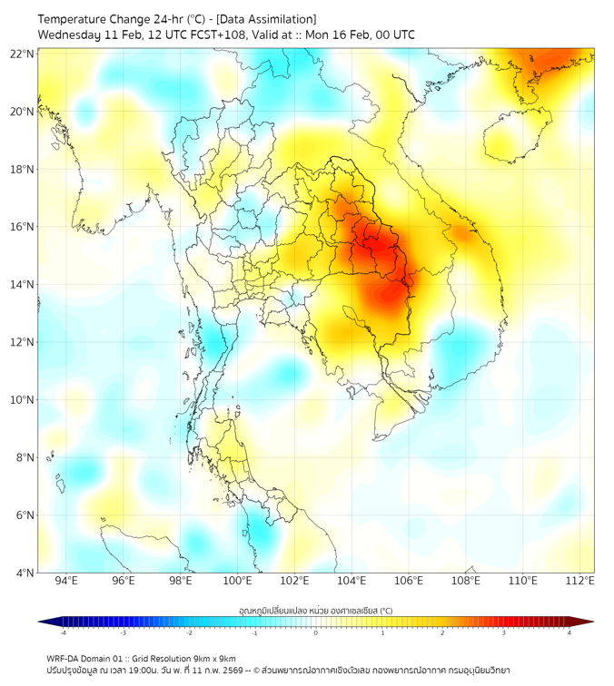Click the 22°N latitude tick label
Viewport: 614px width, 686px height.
click(23, 54)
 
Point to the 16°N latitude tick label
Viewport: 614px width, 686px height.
click(23, 227)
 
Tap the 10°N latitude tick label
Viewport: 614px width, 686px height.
click(23, 400)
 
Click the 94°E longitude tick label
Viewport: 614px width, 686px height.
click(66, 581)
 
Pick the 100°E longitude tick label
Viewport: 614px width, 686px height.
click(238, 581)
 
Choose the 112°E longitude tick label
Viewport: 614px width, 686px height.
click(580, 581)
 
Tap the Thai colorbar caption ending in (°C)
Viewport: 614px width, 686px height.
click(315, 610)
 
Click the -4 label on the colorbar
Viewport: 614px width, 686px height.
click(63, 632)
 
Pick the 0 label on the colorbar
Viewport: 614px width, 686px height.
click(316, 632)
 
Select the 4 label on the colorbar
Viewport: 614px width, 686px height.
click(569, 632)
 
